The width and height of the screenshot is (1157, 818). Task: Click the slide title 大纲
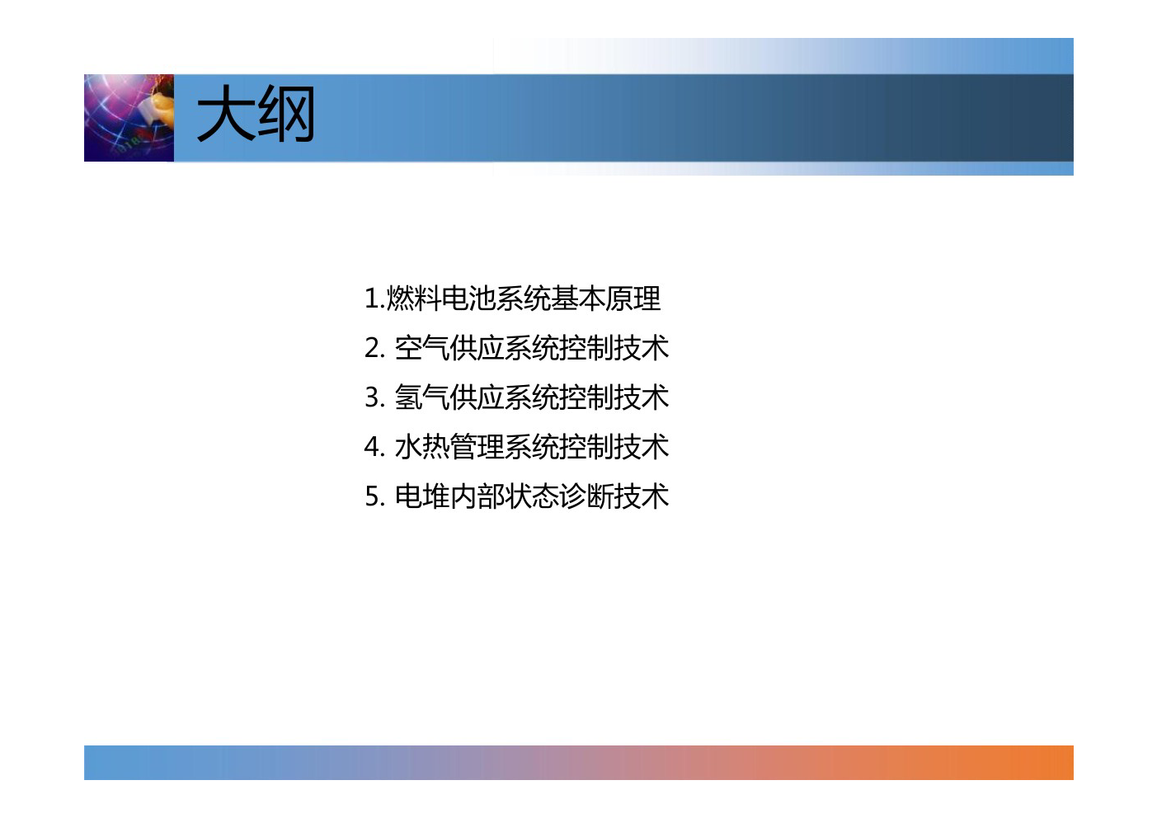point(256,114)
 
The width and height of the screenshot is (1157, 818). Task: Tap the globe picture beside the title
point(129,118)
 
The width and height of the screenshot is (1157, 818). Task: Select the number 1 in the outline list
point(372,299)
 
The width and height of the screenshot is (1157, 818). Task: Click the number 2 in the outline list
point(373,348)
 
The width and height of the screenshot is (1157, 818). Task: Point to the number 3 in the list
point(373,397)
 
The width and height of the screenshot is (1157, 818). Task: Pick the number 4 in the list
point(373,447)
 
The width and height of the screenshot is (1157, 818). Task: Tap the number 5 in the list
point(373,496)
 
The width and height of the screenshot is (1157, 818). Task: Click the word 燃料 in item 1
point(414,299)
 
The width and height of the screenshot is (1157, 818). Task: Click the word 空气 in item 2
point(422,348)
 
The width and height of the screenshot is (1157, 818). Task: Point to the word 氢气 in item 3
point(422,397)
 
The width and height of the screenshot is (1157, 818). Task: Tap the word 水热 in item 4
point(422,447)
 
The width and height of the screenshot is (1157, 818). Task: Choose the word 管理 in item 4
point(477,447)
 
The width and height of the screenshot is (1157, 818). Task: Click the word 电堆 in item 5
point(422,496)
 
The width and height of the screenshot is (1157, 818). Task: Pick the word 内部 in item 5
point(477,496)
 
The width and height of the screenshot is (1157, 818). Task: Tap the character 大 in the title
point(226,114)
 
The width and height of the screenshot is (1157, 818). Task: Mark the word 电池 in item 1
point(468,299)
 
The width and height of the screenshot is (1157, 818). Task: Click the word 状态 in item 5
point(532,496)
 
